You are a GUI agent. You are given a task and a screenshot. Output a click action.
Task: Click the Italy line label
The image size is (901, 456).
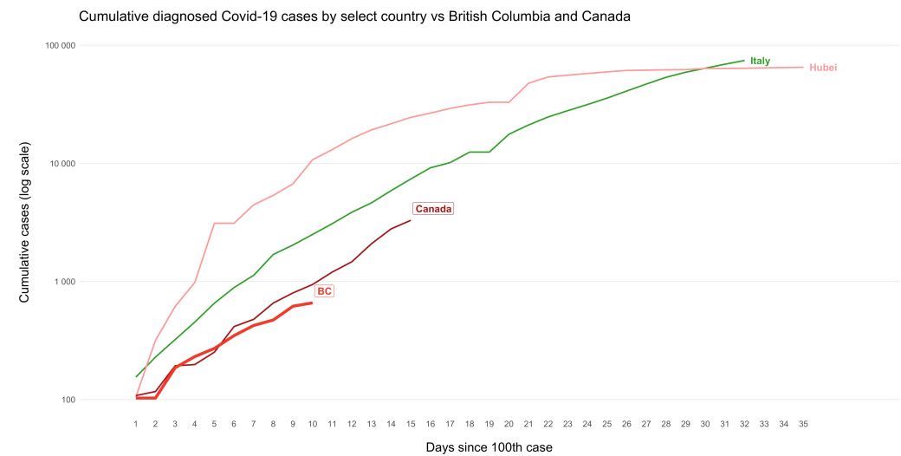[x=760, y=61]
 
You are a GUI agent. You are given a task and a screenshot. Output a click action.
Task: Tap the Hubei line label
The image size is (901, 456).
[x=823, y=68]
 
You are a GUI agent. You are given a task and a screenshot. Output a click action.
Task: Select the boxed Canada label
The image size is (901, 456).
[x=434, y=209]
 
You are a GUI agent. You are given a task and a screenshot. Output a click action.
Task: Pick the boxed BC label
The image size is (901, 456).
[x=324, y=291]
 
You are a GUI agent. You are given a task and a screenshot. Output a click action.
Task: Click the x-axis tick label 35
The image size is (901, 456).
[x=803, y=423]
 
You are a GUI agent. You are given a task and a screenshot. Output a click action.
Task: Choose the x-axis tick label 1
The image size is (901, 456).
[x=136, y=423]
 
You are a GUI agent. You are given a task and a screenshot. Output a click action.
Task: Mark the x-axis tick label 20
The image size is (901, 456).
[x=509, y=423]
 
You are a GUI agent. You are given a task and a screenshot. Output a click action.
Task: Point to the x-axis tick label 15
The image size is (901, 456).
[x=411, y=423]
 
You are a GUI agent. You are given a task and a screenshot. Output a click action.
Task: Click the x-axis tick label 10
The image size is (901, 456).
[x=312, y=423]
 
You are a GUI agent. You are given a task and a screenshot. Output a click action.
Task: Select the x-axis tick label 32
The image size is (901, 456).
[x=744, y=423]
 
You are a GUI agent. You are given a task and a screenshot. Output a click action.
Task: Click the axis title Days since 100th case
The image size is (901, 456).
[x=489, y=447]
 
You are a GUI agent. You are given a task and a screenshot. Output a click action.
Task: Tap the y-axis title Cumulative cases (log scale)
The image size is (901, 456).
[x=24, y=222]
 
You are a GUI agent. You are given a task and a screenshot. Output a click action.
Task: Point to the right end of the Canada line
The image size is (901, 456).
[x=411, y=220]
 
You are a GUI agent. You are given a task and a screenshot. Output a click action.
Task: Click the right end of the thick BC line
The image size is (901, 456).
[x=312, y=303]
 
